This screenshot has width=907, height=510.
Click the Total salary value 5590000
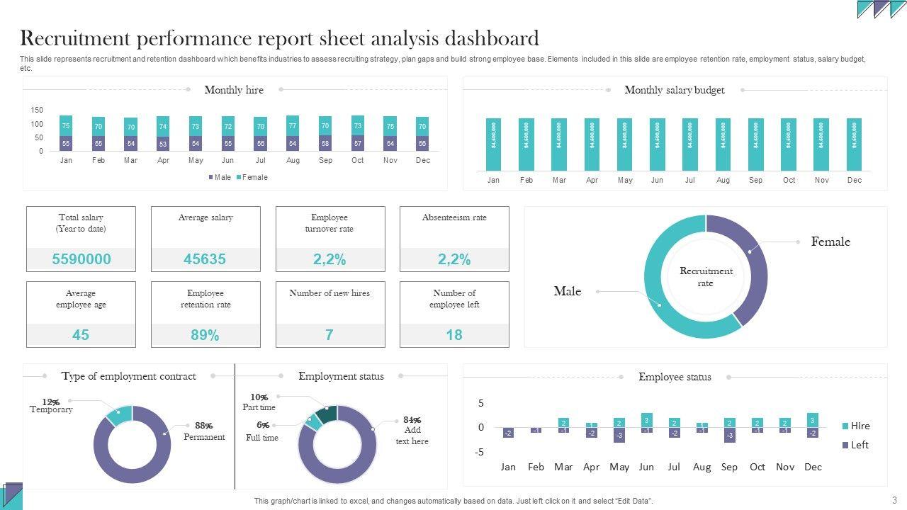click(81, 259)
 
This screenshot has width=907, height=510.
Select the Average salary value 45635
click(205, 259)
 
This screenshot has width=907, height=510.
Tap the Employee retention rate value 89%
click(205, 335)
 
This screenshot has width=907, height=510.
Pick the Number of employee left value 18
click(454, 335)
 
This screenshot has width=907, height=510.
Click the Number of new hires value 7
click(329, 335)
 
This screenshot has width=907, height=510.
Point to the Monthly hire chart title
click(234, 90)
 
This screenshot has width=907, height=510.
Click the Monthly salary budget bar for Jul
click(690, 144)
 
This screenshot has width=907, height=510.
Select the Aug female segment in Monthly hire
click(293, 125)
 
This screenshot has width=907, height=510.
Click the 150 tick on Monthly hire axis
click(37, 110)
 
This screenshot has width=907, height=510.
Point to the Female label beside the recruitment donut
click(830, 242)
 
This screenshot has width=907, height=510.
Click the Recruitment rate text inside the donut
click(706, 277)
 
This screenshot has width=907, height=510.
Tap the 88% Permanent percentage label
click(203, 426)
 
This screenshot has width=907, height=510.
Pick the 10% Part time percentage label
click(259, 397)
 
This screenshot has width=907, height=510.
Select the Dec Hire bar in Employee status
click(813, 419)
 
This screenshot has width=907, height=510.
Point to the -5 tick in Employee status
click(480, 452)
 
